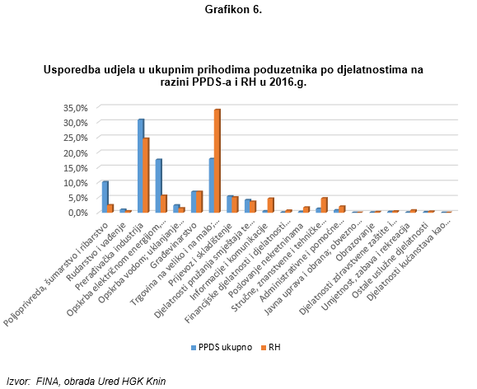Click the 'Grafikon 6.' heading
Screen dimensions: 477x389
click(x=233, y=9)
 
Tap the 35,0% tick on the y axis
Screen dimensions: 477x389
click(x=76, y=108)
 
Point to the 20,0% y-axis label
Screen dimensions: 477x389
click(x=76, y=152)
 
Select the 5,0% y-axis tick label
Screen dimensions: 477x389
click(x=78, y=198)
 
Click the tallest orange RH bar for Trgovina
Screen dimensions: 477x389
click(x=217, y=161)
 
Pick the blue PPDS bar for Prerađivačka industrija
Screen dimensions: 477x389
click(x=141, y=166)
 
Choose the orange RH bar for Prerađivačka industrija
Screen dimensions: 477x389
click(x=146, y=175)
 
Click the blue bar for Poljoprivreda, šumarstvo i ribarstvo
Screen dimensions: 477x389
click(x=105, y=197)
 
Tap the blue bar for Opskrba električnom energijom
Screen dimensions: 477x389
click(x=158, y=185)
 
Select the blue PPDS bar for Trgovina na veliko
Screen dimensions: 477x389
click(x=212, y=185)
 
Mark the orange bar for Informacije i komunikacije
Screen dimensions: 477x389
click(x=271, y=205)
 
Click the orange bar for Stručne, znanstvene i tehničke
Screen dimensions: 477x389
click(x=325, y=205)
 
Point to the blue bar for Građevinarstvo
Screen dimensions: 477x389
click(x=194, y=202)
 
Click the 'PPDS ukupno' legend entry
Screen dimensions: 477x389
click(x=222, y=347)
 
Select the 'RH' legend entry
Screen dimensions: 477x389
click(x=271, y=347)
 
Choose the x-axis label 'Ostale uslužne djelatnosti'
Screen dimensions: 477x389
click(x=390, y=260)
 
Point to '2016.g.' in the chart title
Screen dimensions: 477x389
click(x=288, y=82)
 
